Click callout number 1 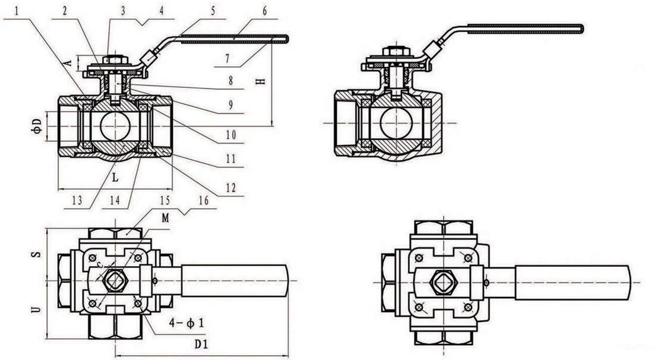coord(17,11)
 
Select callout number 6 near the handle coord(264,11)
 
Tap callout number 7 coord(227,59)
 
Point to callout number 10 coord(231,135)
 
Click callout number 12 coord(231,188)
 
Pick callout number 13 coord(77,201)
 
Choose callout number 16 coord(204,200)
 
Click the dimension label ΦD coord(37,126)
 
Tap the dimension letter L coord(115,178)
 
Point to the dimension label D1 coord(201,344)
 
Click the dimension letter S coord(37,255)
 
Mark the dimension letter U coord(37,309)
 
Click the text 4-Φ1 coord(186,323)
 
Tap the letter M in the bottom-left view coord(165,217)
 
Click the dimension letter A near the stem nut coord(69,63)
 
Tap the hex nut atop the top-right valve coord(396,52)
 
